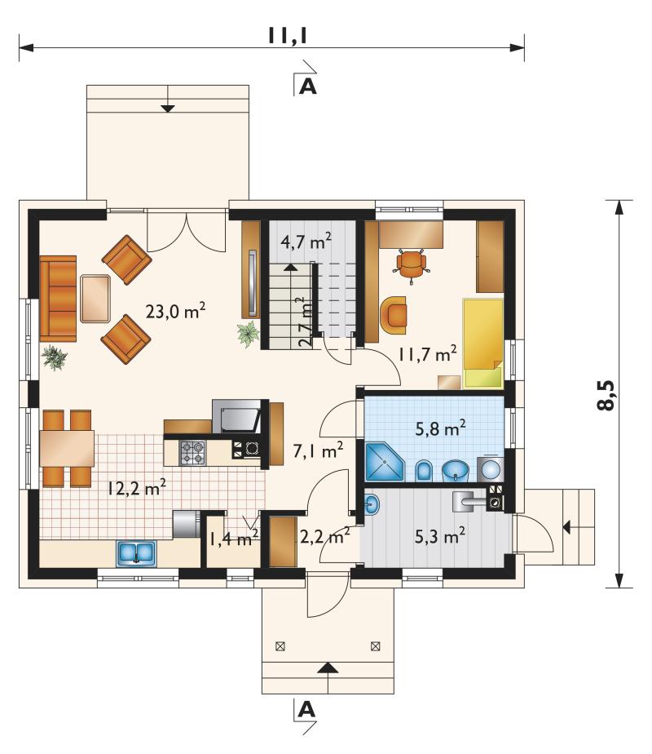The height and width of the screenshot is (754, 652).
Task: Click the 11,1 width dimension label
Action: click(x=287, y=36)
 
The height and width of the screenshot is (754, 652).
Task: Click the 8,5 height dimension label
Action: click(x=606, y=395)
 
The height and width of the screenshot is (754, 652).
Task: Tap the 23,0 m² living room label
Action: click(x=175, y=311)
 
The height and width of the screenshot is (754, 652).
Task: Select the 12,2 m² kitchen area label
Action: click(x=136, y=488)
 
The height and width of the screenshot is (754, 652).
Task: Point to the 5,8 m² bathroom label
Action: click(x=440, y=428)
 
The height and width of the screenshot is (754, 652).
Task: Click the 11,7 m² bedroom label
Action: click(x=427, y=353)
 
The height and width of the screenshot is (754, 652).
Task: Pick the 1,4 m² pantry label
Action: click(x=233, y=538)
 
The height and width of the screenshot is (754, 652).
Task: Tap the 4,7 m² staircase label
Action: click(x=306, y=240)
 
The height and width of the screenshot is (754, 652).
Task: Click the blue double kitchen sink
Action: click(x=136, y=552)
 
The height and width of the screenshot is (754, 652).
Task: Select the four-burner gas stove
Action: click(x=192, y=453)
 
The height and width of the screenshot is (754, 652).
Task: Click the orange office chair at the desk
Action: click(x=411, y=265)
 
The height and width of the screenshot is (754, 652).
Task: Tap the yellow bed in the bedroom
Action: click(x=482, y=344)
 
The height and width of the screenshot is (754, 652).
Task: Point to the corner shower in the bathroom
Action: click(x=385, y=462)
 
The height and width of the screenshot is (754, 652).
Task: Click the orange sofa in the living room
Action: click(x=58, y=298)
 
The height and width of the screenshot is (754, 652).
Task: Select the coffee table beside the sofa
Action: click(x=96, y=298)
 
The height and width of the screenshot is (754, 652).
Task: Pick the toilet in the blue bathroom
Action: click(x=424, y=471)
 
